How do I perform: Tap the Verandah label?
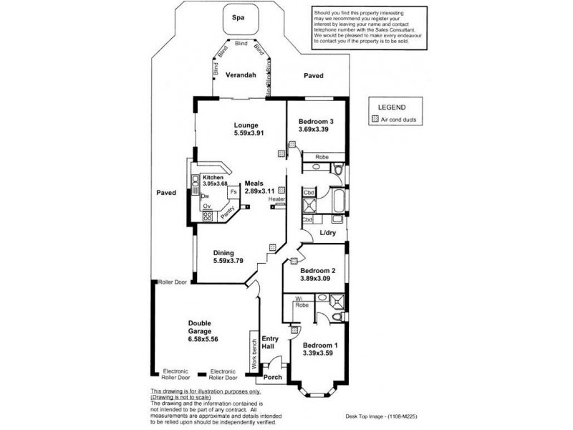242,75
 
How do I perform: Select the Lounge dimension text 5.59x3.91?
251,133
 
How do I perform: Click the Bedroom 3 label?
317,121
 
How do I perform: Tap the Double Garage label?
203,328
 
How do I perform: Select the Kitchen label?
213,177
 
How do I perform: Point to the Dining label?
225,252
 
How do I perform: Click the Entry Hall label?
270,343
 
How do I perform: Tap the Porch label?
273,378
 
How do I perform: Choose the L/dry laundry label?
327,234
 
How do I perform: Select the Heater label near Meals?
278,199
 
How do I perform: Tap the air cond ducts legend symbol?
374,120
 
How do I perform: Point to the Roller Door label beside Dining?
173,282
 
